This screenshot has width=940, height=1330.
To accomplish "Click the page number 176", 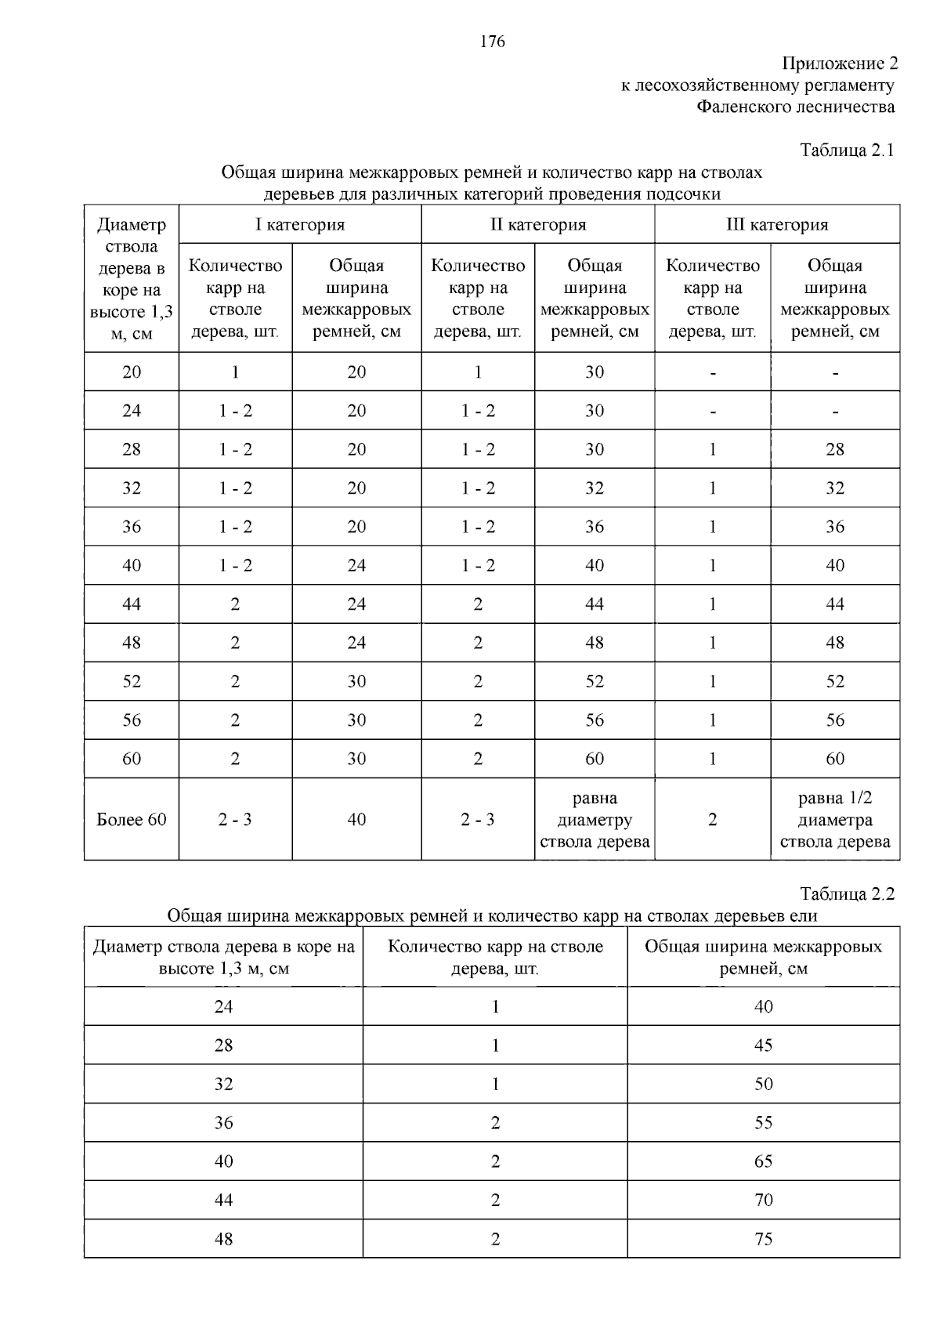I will click(x=492, y=42).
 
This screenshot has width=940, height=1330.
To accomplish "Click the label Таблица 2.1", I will click(x=847, y=150).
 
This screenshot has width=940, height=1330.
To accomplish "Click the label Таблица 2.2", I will click(x=847, y=894).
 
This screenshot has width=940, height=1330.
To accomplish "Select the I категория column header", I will click(x=300, y=225).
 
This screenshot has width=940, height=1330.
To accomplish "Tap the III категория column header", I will click(x=776, y=225).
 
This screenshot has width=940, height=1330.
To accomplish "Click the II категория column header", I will click(x=538, y=225).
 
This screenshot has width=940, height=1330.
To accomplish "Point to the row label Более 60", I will click(x=132, y=820).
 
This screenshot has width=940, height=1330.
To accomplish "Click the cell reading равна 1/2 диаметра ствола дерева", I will click(x=835, y=820).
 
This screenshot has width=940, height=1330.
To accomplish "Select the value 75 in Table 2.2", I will click(x=763, y=1239).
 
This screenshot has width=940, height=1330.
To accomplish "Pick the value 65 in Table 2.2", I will click(x=763, y=1161).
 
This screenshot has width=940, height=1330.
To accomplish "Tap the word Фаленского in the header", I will click(x=741, y=107).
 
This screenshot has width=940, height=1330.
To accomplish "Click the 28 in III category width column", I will click(x=835, y=449).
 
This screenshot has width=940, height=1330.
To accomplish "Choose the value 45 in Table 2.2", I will click(x=763, y=1046).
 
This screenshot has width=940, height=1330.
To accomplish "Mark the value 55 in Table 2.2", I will click(x=763, y=1123).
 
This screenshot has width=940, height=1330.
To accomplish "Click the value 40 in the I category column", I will click(x=356, y=820).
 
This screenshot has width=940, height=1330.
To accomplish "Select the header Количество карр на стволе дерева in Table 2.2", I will click(x=495, y=957).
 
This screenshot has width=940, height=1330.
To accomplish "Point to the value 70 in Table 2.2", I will click(x=763, y=1200).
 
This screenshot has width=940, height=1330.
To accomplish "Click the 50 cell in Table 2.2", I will click(x=763, y=1085).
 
